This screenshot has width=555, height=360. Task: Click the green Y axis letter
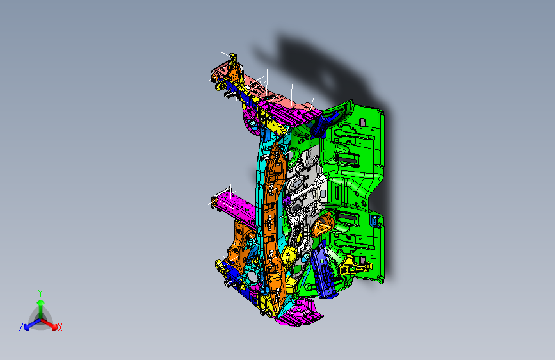click(x=40, y=292)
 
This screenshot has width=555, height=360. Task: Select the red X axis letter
click(x=60, y=328)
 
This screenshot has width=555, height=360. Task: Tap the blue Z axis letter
click(x=21, y=327)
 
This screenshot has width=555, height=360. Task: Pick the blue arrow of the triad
click(x=30, y=323)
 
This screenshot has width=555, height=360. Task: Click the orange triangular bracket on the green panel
click(x=323, y=225)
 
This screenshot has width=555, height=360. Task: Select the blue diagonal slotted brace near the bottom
click(x=326, y=272)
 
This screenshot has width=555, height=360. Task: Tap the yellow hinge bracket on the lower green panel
click(x=351, y=262)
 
